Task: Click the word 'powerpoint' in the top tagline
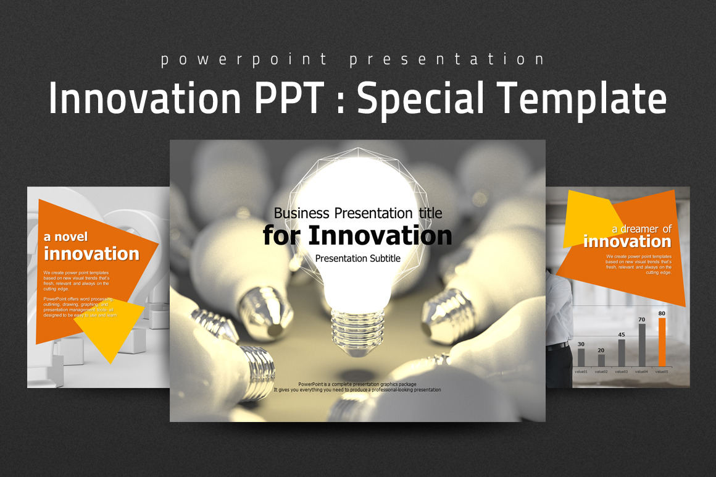coord(244,60)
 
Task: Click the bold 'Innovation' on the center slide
coord(380,235)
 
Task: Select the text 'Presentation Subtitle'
coord(358,258)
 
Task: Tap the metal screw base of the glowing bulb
coord(357,334)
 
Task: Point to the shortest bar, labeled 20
coord(601,360)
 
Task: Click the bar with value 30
coord(581,357)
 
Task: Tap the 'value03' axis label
coord(622,371)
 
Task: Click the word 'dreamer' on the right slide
coord(639,229)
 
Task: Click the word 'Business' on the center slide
coord(301,213)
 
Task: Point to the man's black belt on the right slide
coord(557,347)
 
